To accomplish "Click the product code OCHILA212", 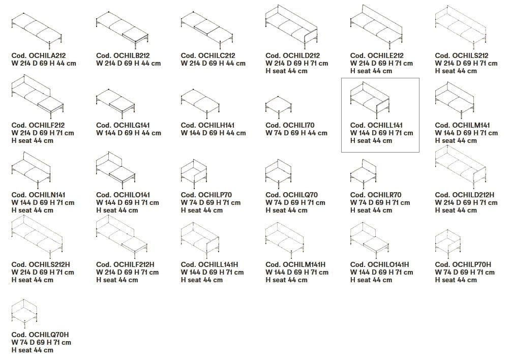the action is tap(39, 55).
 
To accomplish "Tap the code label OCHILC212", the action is tap(208, 55).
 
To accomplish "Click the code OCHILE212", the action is tap(377, 55).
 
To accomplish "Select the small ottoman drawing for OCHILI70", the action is tap(279, 107).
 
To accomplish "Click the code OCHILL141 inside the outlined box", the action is tap(376, 125).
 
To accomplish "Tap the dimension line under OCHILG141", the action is tap(129, 133).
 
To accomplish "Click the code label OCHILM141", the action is tap(462, 125).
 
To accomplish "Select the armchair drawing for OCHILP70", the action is tap(194, 174).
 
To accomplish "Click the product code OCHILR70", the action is tap(376, 195).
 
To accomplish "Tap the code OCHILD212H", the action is tap(465, 195).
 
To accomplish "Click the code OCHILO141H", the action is tap(379, 264).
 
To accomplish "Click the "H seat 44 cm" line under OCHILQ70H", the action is tap(33, 350).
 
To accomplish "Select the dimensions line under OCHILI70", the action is tap(296, 133).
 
